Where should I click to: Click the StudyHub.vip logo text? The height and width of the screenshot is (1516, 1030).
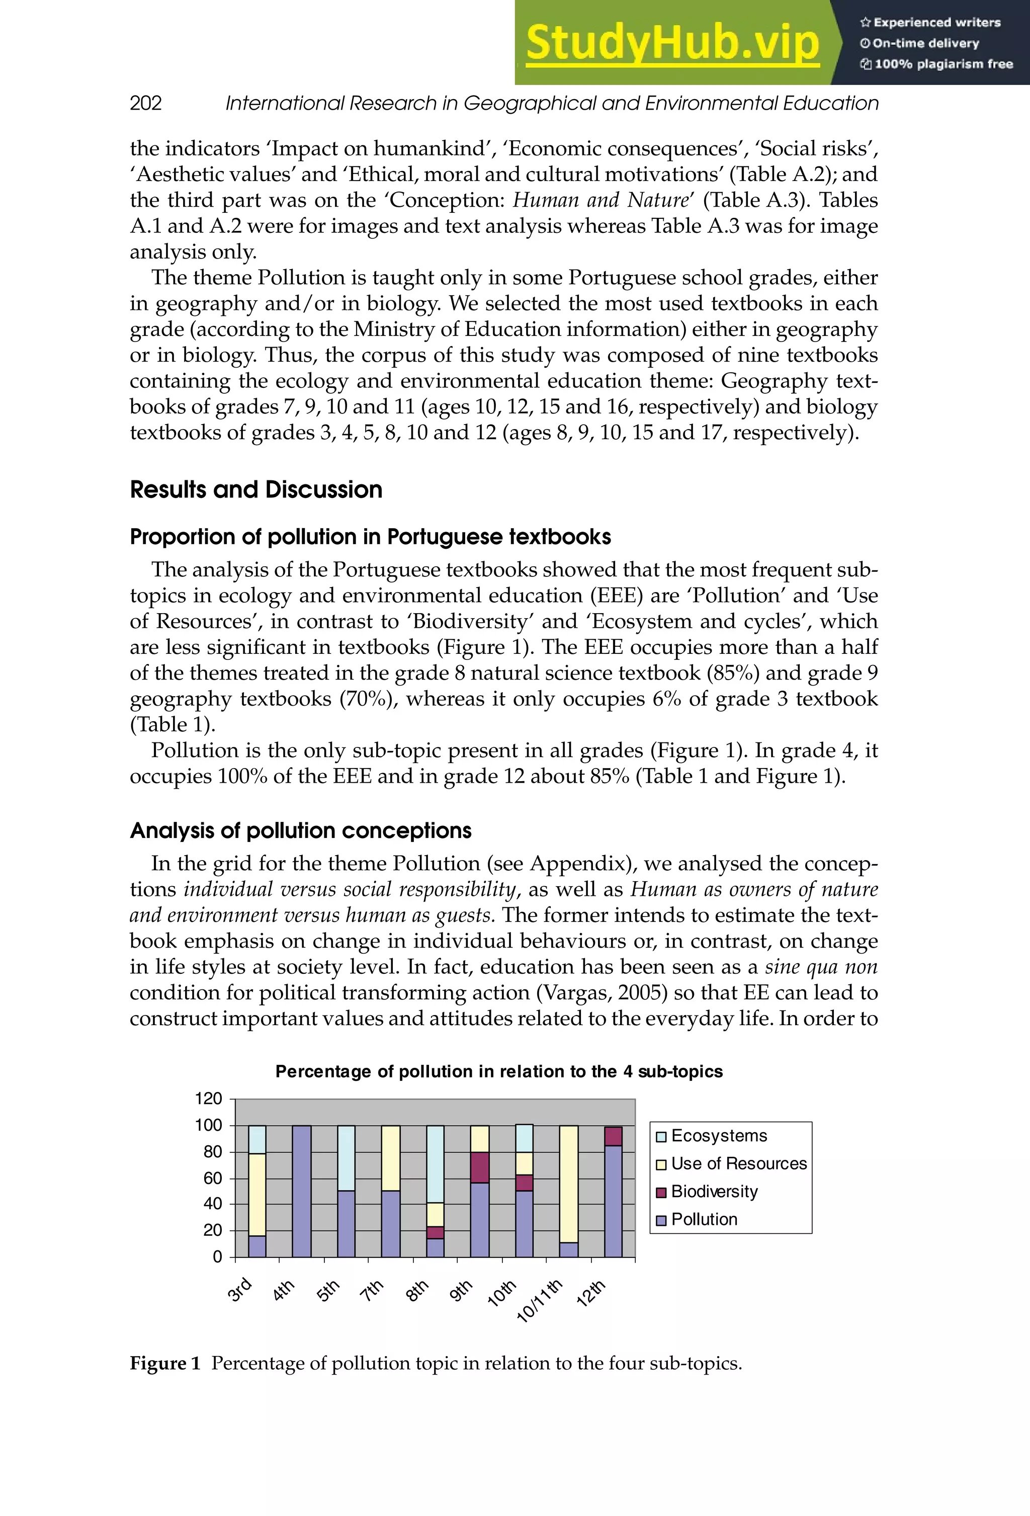672,43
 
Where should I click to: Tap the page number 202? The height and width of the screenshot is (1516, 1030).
145,103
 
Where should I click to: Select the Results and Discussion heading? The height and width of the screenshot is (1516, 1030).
255,490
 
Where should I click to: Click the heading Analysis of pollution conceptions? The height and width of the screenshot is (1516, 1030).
300,831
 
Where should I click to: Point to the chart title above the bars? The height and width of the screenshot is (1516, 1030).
498,1072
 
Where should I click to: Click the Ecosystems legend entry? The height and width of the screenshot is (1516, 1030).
718,1136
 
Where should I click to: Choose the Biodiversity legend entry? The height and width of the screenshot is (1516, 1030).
714,1192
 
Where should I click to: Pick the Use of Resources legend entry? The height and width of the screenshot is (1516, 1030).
738,1164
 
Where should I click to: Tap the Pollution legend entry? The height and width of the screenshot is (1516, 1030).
703,1220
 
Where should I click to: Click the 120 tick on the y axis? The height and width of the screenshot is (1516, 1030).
209,1099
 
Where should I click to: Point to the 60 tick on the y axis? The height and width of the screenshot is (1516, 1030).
213,1178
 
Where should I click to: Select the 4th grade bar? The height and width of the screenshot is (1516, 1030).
301,1191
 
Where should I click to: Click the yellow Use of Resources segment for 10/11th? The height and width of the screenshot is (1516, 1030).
569,1184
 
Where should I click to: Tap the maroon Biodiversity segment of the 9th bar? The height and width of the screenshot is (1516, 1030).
479,1167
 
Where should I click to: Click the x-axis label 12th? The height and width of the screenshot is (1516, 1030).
591,1293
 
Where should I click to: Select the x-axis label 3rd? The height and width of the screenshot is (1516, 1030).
239,1289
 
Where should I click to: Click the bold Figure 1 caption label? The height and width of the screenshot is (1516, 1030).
165,1364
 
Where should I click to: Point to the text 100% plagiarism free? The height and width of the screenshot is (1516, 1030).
942,64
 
